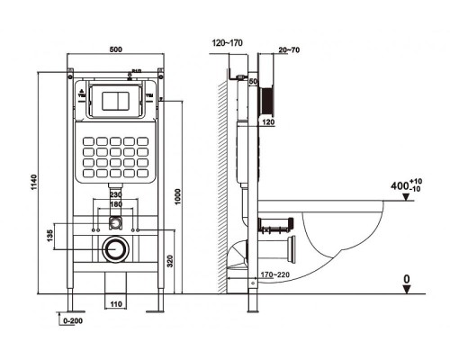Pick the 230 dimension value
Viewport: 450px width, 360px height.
pyautogui.click(x=115, y=194)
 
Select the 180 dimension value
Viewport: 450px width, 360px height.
pyautogui.click(x=115, y=204)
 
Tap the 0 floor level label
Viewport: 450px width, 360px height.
pyautogui.click(x=407, y=280)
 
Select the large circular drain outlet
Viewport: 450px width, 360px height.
pyautogui.click(x=114, y=249)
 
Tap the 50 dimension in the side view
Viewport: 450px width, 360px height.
pyautogui.click(x=255, y=82)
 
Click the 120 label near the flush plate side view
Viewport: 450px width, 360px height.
pyautogui.click(x=267, y=120)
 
